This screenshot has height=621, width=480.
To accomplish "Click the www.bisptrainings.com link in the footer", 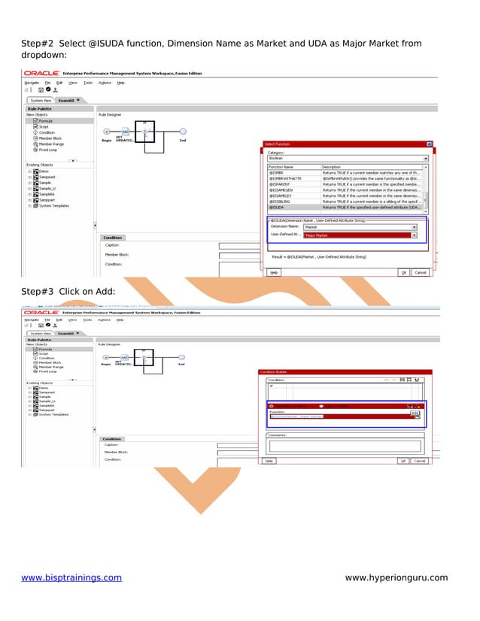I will point(71,577).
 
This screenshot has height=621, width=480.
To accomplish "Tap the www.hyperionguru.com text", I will point(396,577).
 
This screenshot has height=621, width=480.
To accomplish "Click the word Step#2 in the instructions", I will point(38,44).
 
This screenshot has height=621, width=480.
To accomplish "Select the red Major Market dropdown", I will point(360,235).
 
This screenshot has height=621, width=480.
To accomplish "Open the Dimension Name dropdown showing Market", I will point(360,226).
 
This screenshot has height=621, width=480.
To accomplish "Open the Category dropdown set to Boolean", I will point(348,159).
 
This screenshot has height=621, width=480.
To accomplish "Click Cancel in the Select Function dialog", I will point(420,272).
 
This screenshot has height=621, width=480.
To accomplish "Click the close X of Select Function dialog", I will point(429,144).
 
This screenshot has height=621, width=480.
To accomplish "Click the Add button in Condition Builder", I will point(415,412).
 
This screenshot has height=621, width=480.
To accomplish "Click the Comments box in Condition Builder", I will point(345,445).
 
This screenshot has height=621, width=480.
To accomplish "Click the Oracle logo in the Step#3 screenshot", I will point(41,312).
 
